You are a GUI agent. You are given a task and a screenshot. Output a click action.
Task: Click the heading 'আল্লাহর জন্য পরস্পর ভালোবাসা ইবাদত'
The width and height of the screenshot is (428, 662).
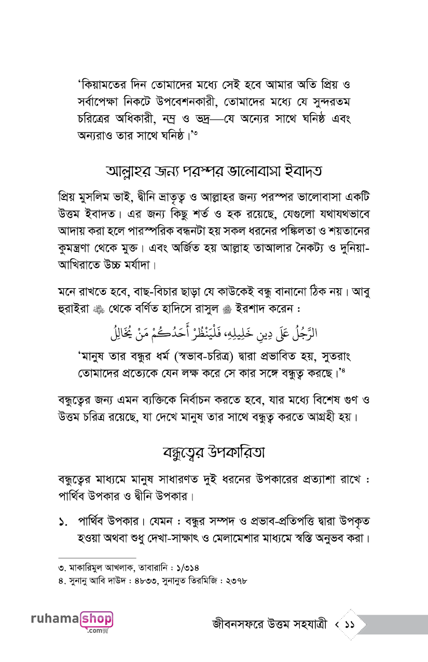click(x=213, y=170)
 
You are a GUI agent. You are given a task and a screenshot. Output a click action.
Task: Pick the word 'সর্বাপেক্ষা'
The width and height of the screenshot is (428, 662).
click(x=100, y=101)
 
